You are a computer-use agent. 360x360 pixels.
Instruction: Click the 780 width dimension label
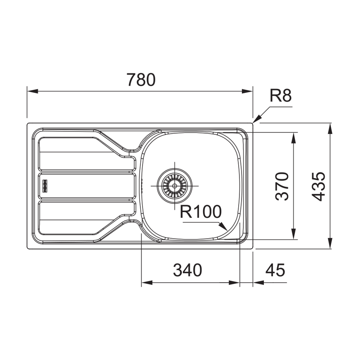[x=141, y=80]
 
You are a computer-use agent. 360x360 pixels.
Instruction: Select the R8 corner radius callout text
[x=281, y=96]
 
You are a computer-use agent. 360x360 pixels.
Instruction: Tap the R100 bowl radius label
[x=200, y=212]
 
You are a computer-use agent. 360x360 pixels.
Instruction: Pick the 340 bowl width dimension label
[x=187, y=270]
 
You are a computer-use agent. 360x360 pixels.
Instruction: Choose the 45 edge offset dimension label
[x=275, y=270]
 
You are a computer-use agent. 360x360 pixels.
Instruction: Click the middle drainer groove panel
[x=86, y=186]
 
